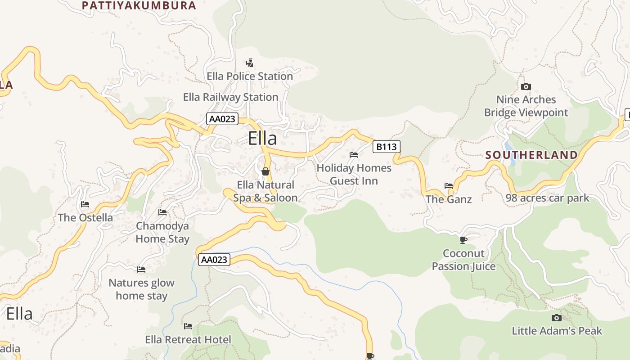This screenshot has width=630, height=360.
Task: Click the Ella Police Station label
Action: pos(250,76)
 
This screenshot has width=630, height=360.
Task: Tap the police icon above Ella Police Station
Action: pos(249,63)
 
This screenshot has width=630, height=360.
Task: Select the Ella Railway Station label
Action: pos(230,97)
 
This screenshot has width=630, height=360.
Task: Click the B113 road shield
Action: pos(386,146)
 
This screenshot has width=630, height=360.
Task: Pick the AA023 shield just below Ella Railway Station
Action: pos(222,119)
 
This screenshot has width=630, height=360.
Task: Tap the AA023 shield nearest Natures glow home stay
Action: pos(214,260)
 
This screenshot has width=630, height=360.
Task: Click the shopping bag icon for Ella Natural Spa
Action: pos(265,171)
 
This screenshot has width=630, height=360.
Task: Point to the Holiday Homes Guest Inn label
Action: pos(354,174)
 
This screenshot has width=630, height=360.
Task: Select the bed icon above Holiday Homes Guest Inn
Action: pos(354,155)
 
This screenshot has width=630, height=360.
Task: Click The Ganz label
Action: pos(449,199)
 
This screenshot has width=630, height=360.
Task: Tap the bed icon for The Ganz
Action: pos(449,185)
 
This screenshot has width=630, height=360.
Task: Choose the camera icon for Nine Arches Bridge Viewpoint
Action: pos(526,86)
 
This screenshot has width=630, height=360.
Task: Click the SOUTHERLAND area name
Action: pos(531,155)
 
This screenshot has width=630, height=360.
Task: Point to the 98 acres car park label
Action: pos(547,198)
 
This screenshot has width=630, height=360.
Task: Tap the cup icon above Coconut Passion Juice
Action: pos(463,240)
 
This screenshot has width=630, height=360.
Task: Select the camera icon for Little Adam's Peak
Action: pos(557,318)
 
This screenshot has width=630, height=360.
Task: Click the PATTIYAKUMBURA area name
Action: pos(139,5)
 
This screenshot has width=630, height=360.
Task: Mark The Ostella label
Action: pos(85,218)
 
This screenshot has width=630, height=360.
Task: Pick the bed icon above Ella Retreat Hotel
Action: pos(188,326)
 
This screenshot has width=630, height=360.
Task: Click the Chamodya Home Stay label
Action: pos(162,232)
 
